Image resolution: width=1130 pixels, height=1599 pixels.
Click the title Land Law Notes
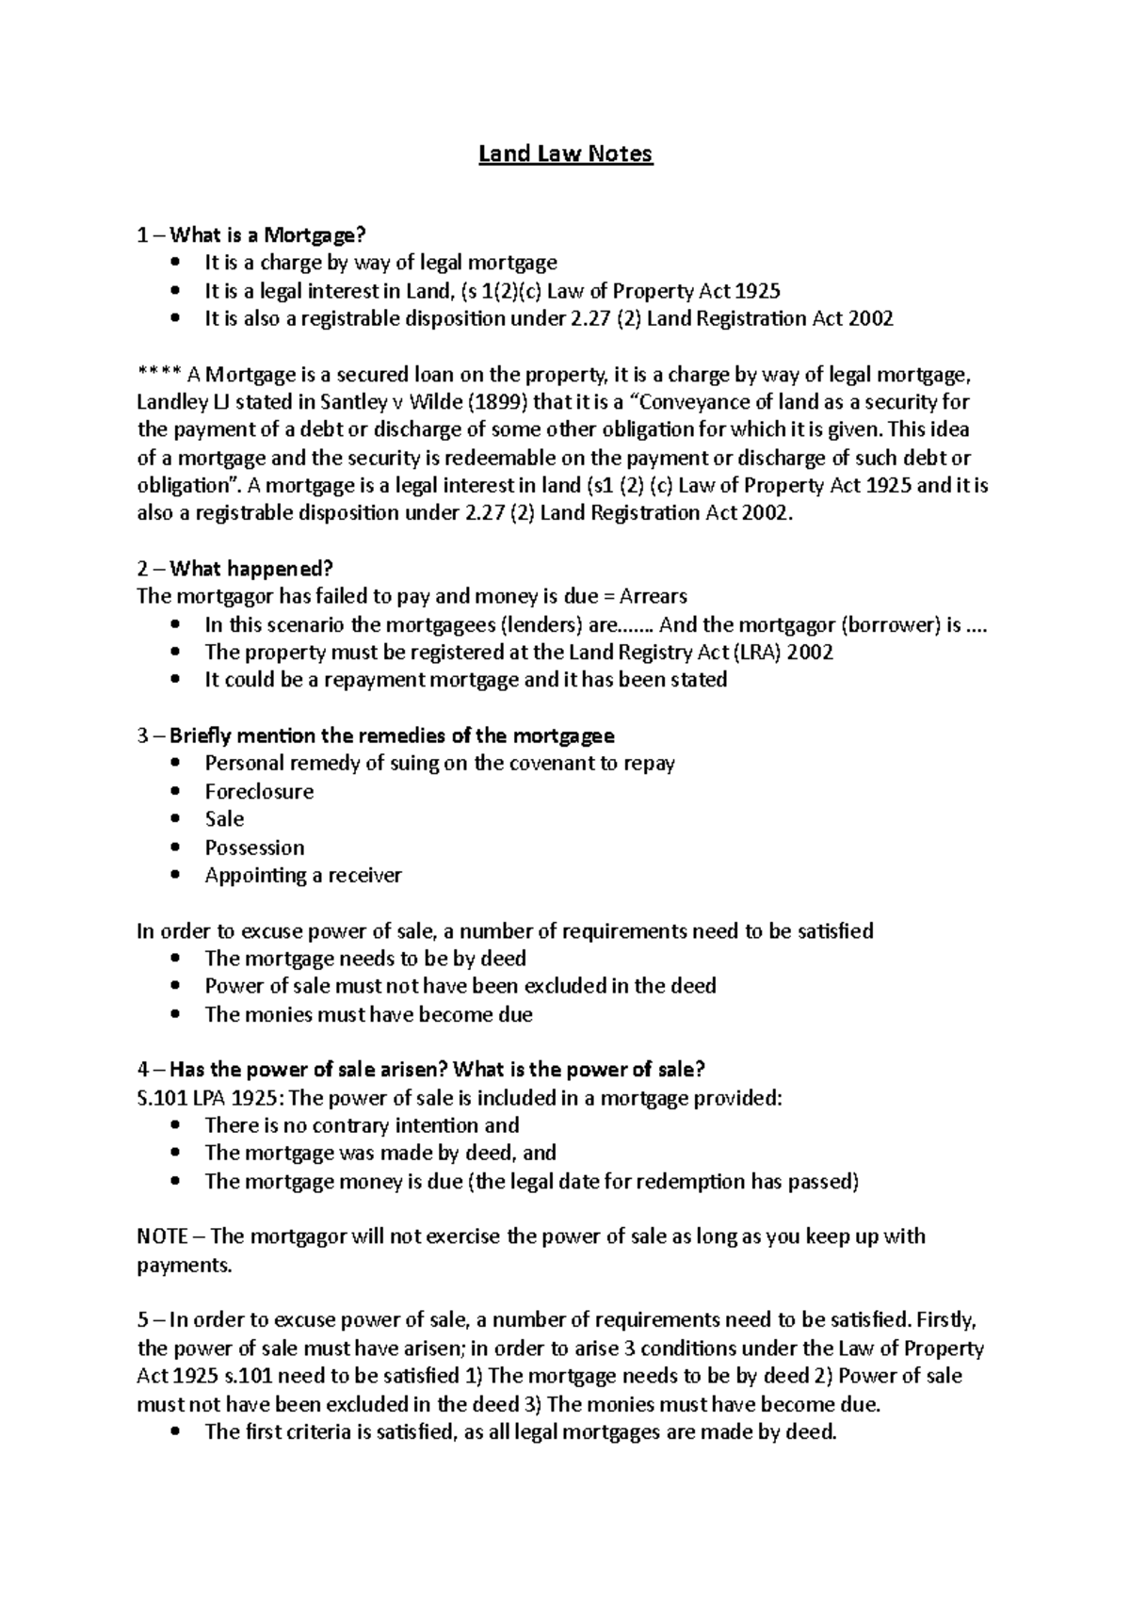[x=565, y=153]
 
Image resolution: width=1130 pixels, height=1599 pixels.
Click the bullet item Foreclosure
[x=259, y=791]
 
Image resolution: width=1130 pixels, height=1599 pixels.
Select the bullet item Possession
[x=254, y=847]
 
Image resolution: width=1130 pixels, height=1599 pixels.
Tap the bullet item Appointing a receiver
[x=303, y=875]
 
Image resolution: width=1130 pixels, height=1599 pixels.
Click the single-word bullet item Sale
[x=224, y=818]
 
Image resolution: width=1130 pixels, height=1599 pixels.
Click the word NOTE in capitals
[x=162, y=1236]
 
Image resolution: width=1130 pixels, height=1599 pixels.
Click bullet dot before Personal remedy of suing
[x=175, y=764]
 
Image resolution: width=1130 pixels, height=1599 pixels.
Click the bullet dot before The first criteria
[x=175, y=1433]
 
